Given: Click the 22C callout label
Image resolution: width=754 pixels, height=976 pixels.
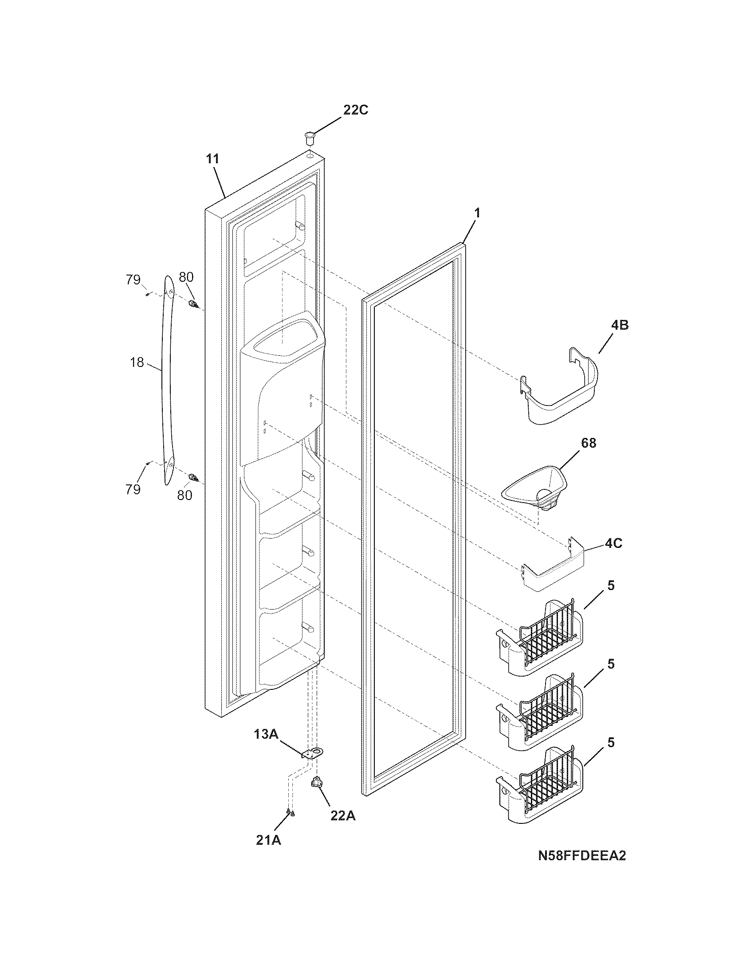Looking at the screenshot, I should coord(356,110).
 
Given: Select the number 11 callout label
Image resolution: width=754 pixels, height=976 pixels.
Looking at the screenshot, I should coord(213,159).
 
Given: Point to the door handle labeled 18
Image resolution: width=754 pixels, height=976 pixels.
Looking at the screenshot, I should coord(168,380).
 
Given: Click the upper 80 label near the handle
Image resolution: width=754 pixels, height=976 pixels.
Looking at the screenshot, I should coord(186,278).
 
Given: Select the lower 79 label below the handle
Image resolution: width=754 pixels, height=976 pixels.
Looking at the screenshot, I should coord(133,489).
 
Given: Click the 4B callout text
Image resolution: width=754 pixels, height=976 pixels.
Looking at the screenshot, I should coord(620,325).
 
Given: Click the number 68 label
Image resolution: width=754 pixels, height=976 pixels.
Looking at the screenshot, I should coord(588,443).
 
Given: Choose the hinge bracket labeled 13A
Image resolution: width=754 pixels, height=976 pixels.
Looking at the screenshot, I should coord(314,753).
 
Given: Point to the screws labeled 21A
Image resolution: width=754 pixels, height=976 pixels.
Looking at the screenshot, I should coord(291,812).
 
